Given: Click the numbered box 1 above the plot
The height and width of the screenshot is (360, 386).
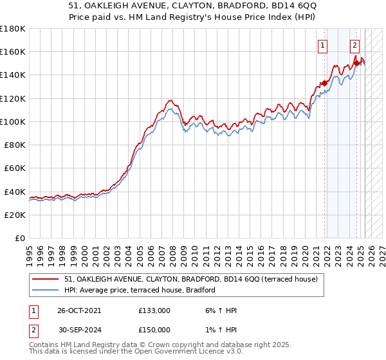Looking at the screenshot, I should [322, 45].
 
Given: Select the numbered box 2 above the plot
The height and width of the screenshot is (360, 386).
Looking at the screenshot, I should [354, 45].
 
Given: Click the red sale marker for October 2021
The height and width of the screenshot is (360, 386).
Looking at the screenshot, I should [325, 82].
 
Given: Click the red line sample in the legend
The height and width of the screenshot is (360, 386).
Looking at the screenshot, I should [46, 280].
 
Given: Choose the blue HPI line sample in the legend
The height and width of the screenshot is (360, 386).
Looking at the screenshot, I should [46, 291].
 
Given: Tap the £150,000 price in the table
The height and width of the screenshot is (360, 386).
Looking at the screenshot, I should [154, 330].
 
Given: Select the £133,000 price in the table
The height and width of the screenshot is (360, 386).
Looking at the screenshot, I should [154, 310].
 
